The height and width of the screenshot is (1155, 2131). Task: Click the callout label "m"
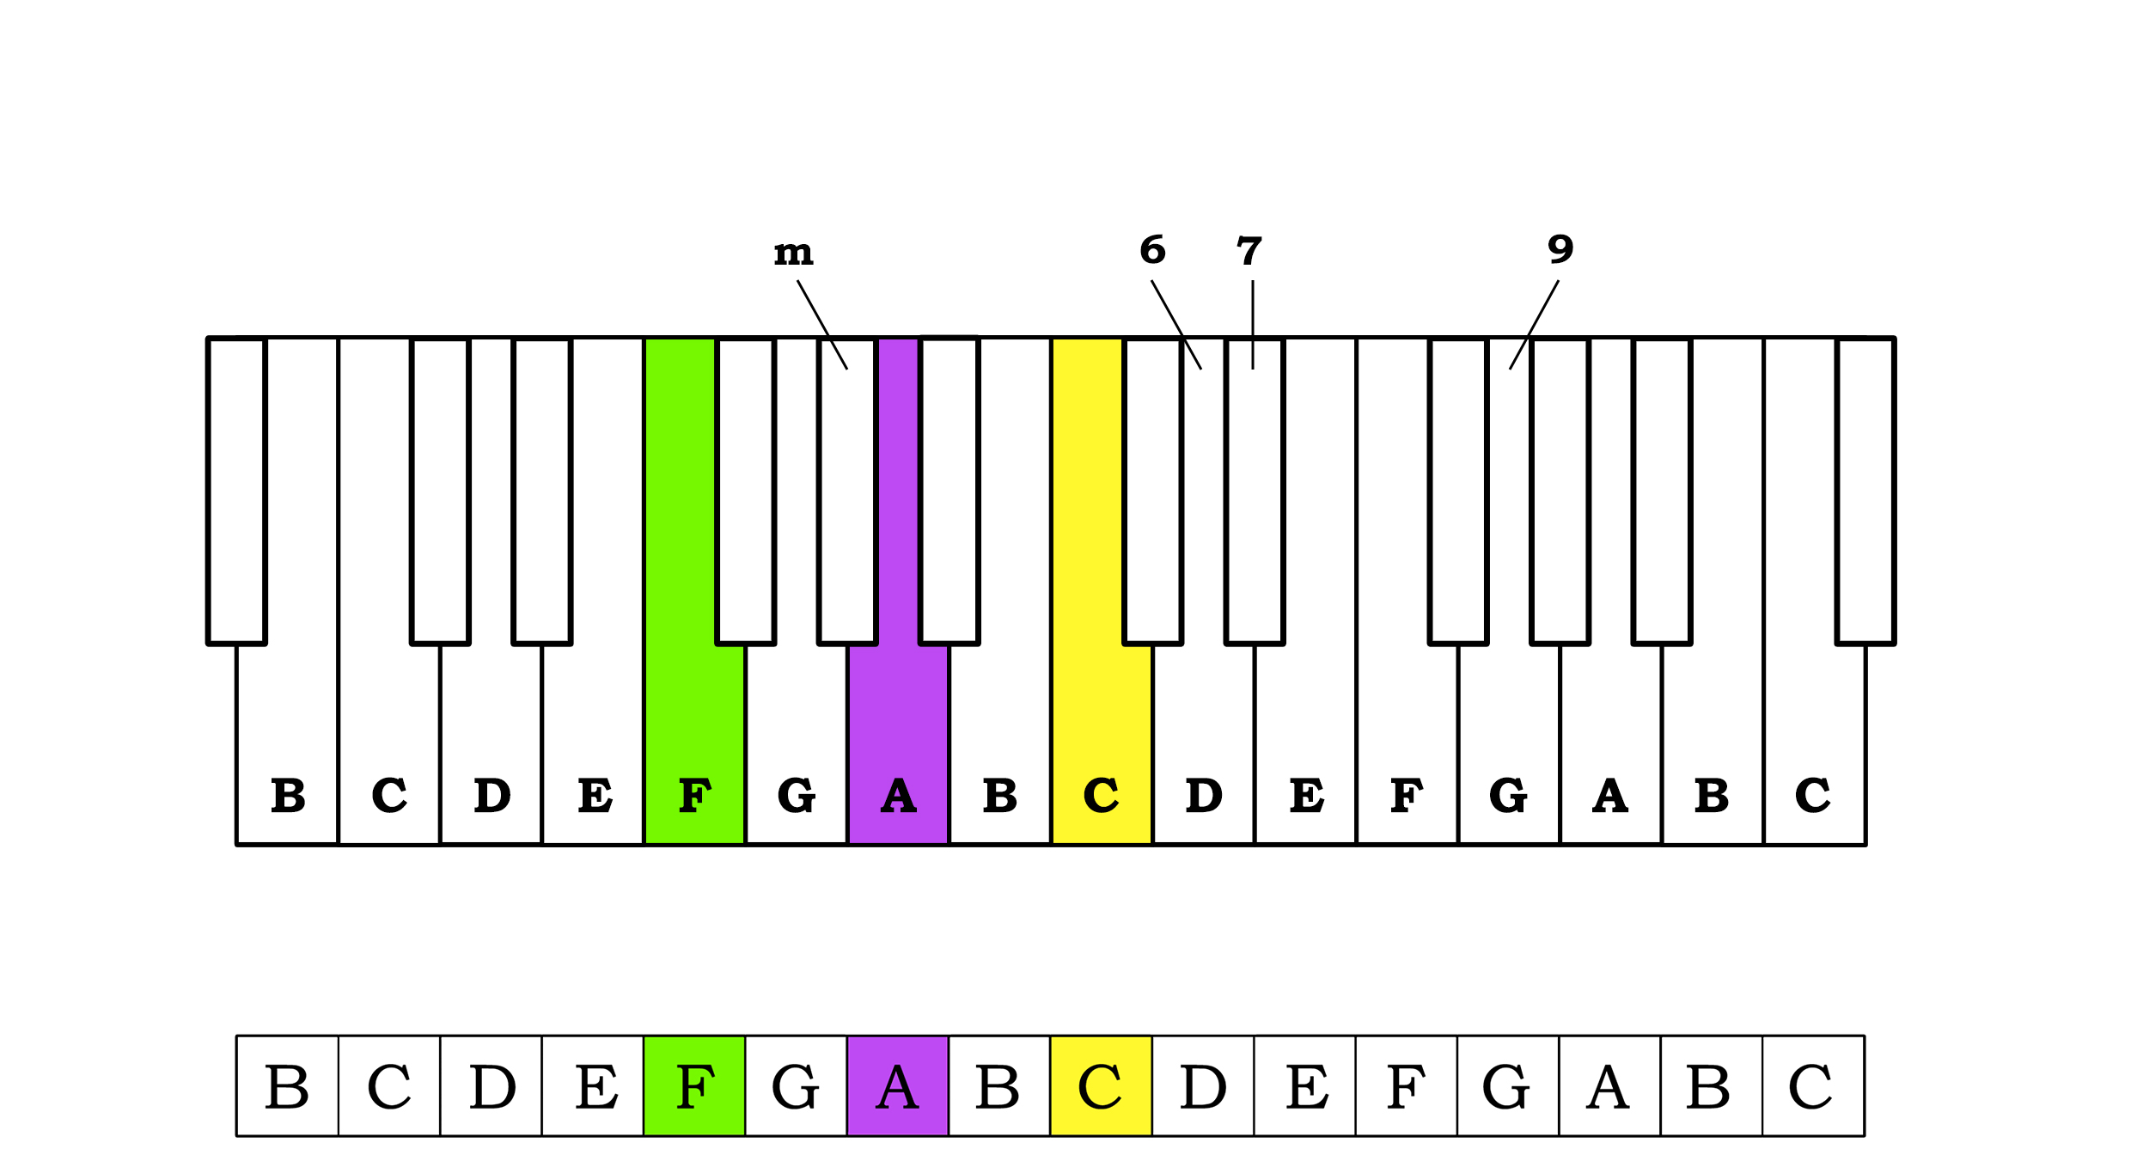point(793,253)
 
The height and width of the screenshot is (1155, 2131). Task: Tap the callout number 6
point(1152,250)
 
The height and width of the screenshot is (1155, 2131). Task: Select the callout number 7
point(1249,251)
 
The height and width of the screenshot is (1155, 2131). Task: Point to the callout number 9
point(1560,249)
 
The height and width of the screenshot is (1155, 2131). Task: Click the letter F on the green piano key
point(694,795)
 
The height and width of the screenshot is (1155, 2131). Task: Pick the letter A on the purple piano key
point(899,795)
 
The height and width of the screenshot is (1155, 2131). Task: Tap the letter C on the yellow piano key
point(1101,795)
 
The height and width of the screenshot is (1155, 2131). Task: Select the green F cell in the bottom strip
point(694,1086)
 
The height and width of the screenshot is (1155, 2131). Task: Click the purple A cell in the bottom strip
point(898,1086)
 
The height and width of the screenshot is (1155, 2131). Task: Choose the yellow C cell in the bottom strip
point(1101,1086)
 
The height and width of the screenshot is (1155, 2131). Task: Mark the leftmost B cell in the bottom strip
point(287,1086)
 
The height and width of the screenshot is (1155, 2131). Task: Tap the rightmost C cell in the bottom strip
point(1812,1086)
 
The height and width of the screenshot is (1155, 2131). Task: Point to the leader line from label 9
point(1535,324)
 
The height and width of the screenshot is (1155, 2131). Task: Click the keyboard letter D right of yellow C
point(1204,795)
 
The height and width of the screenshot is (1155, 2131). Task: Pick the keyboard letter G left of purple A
point(796,795)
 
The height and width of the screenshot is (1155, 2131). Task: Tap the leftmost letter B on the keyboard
point(288,795)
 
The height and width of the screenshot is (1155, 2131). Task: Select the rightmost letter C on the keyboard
point(1812,795)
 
